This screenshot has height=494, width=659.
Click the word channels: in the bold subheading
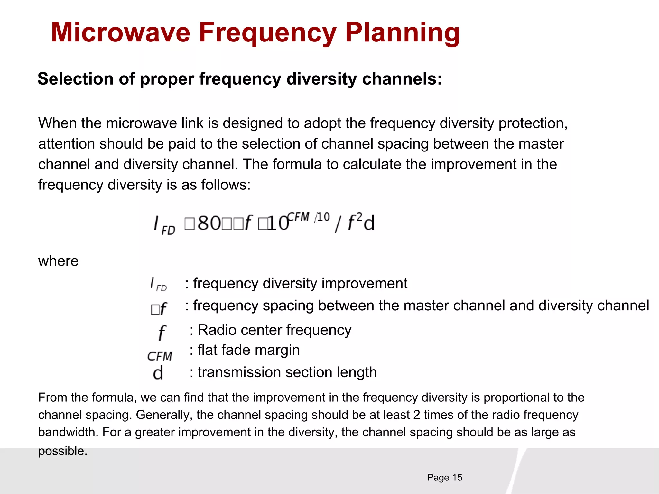tap(402, 79)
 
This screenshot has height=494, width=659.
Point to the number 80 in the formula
tap(209, 223)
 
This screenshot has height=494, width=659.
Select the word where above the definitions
tap(58, 261)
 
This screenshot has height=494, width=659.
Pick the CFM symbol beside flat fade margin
tap(160, 356)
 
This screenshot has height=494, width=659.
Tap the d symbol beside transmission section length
tap(158, 373)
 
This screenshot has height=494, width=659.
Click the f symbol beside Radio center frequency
tap(162, 333)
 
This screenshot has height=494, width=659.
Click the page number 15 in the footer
tap(457, 478)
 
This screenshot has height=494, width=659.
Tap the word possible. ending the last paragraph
tap(63, 451)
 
